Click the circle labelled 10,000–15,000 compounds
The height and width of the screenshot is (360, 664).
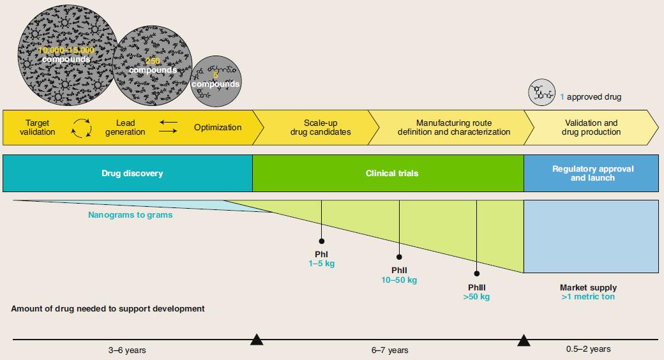pos(65,54)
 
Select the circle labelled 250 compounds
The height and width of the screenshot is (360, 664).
pos(152,66)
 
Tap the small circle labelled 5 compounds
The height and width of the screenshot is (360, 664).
pos(216,80)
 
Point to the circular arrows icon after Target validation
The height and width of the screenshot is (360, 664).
pos(81,128)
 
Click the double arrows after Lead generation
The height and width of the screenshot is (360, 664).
pos(168,126)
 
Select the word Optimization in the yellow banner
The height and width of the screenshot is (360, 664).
pos(218,128)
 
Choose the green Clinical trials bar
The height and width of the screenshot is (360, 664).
pos(388,173)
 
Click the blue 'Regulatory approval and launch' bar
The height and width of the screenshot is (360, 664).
pos(591,173)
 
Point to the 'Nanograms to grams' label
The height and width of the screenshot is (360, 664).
pos(130,215)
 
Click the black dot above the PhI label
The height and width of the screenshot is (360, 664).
pos(321,241)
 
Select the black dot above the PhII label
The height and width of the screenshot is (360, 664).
pos(399,257)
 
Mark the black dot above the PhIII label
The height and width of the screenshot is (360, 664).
pos(477,273)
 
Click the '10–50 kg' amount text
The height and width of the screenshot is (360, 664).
pos(399,280)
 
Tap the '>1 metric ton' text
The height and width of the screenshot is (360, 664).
pos(588,297)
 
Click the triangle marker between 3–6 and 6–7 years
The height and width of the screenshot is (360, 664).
pos(257,340)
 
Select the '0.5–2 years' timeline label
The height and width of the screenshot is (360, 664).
pos(588,349)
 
